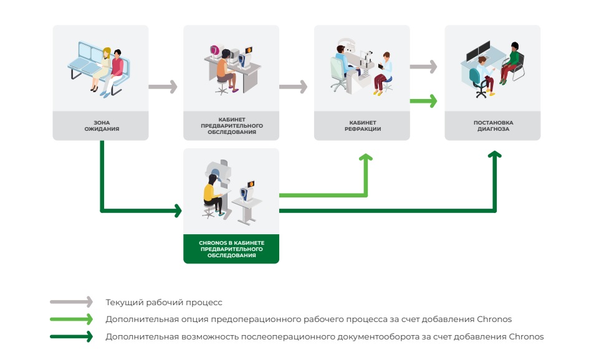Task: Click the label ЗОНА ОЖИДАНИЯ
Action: pos(102,126)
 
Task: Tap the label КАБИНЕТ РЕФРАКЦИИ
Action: pos(363,126)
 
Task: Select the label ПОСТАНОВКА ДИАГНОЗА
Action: pos(493,126)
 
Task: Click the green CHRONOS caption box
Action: pos(231,249)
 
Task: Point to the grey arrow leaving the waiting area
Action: pos(163,87)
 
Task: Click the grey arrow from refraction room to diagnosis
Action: pos(423,67)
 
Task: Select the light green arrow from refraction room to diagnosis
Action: pos(423,101)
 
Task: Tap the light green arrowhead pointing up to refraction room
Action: pos(366,158)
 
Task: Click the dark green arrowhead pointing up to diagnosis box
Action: pos(494,154)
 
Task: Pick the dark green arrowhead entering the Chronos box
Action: pos(178,211)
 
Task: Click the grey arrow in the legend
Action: pos(71,302)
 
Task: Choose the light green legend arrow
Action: pos(71,319)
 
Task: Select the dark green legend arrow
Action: pos(71,336)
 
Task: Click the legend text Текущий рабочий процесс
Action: pos(164,303)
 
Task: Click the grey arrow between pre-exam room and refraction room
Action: pos(293,87)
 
